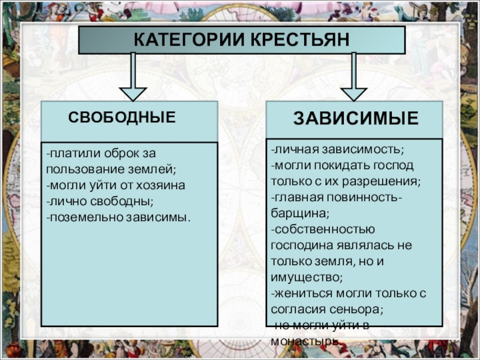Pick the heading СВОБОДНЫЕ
click(x=122, y=117)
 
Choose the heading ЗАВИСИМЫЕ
click(x=356, y=118)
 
